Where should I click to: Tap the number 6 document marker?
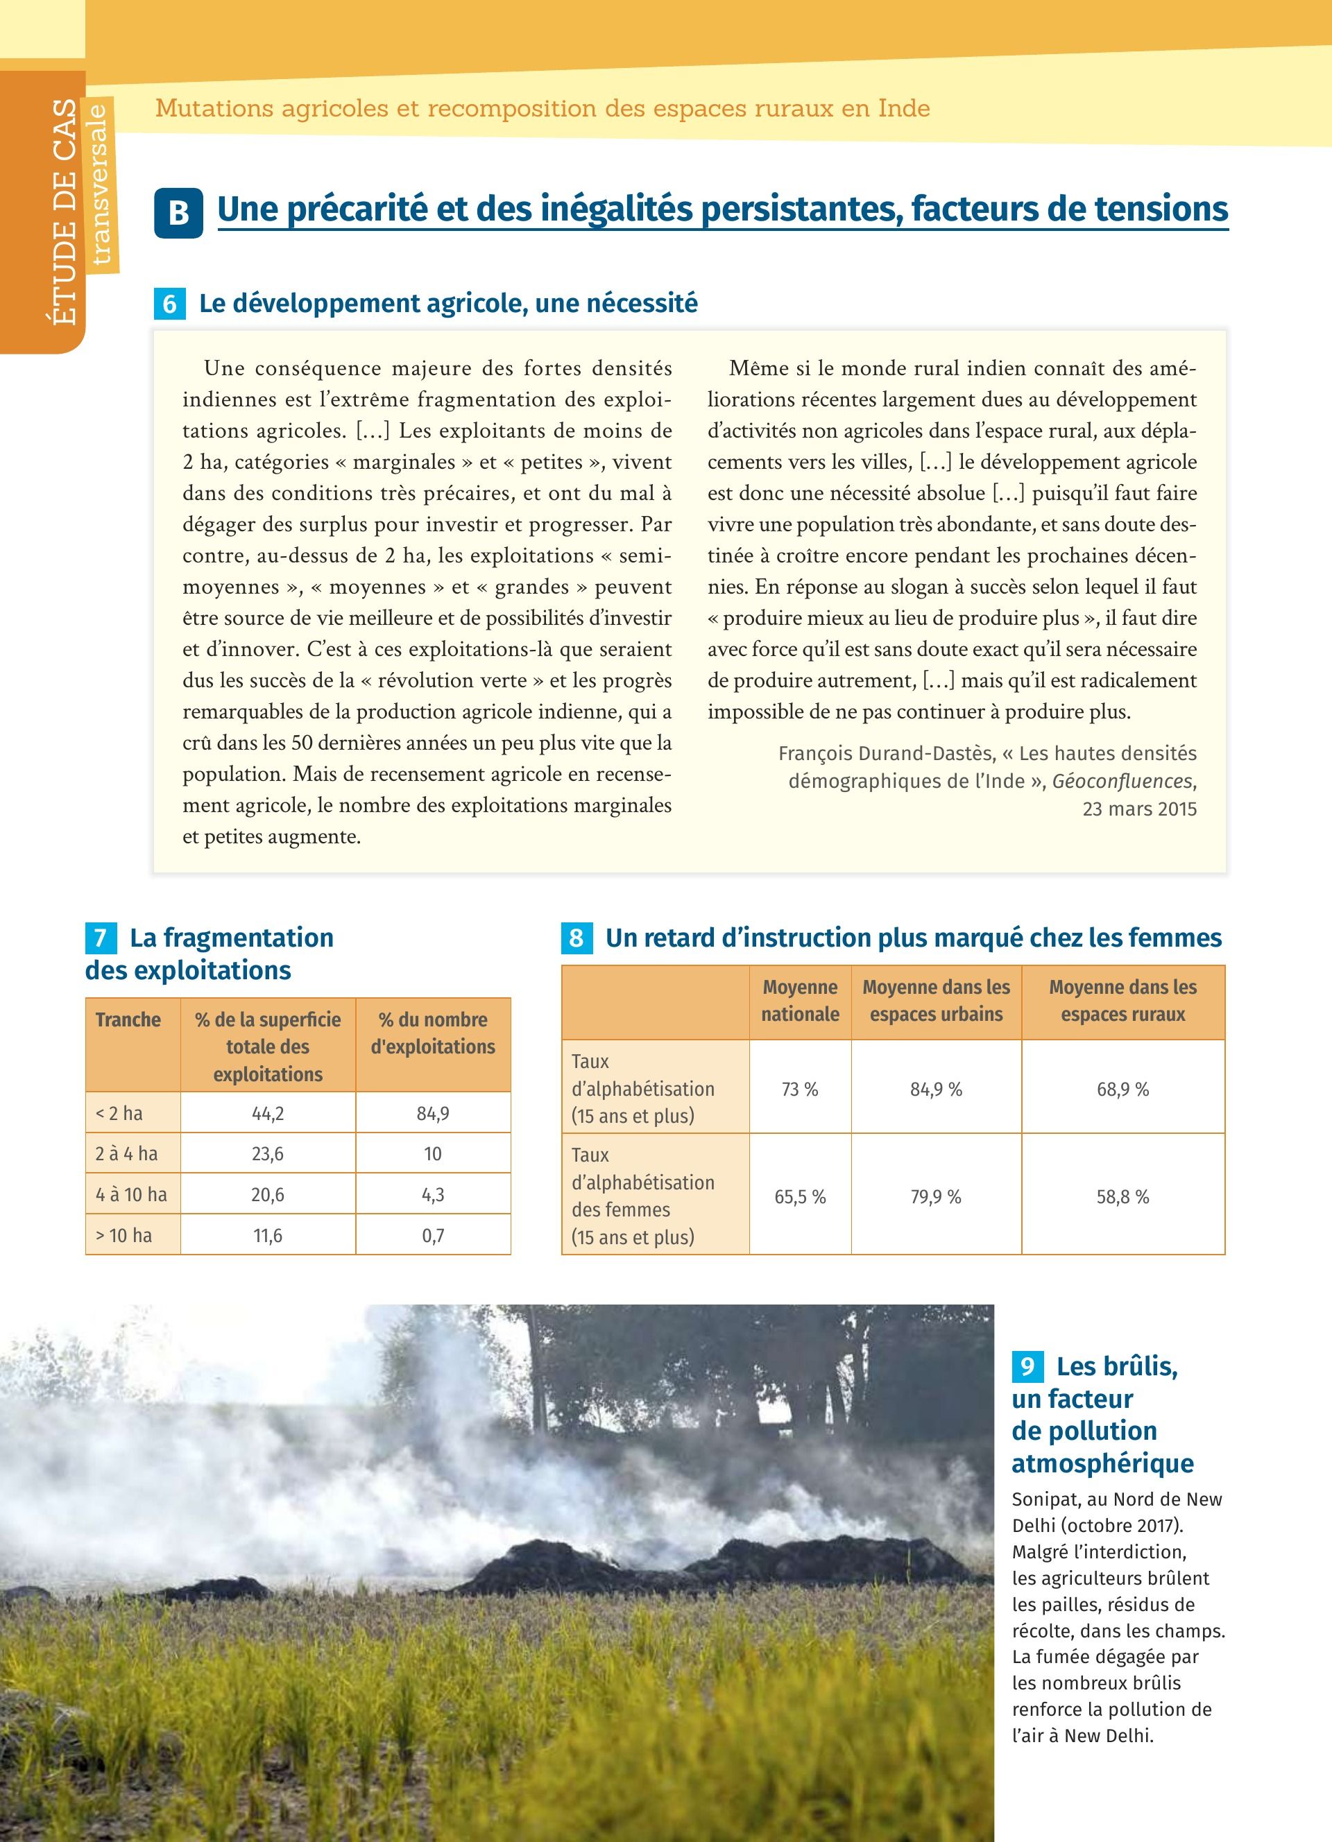coord(170,304)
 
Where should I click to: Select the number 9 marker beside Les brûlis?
coord(1027,1366)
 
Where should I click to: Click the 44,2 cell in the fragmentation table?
coord(267,1114)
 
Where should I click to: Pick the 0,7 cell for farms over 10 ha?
coord(433,1235)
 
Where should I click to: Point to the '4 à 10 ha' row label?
coord(132,1195)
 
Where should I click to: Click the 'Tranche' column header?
coord(128,1020)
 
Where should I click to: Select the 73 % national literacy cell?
coord(800,1089)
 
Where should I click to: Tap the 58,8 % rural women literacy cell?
coord(1122,1196)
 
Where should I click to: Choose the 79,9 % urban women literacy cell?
coord(936,1196)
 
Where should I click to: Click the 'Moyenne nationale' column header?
coord(800,1001)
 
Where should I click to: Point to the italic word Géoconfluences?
coord(1122,782)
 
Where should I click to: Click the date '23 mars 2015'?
coord(1140,809)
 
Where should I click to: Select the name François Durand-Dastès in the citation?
coord(886,754)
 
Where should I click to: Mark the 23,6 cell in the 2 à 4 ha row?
coord(267,1154)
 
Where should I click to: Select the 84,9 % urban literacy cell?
coord(936,1089)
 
